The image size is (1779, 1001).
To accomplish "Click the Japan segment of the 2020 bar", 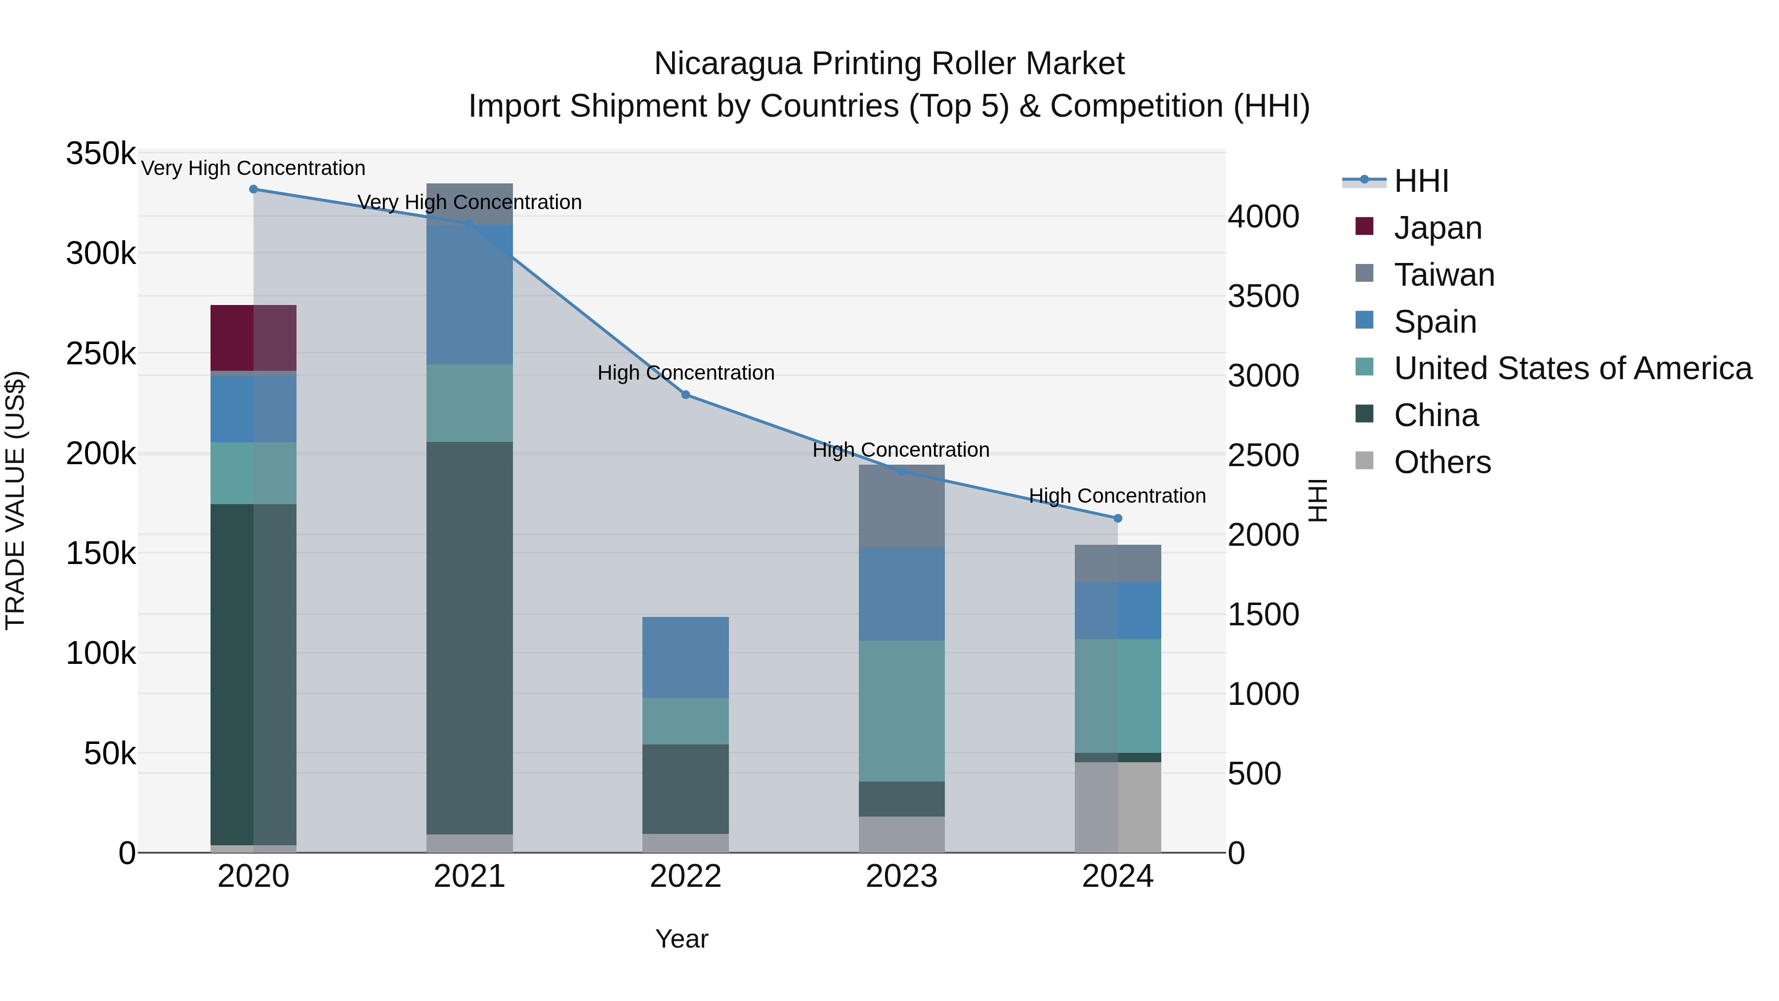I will [253, 338].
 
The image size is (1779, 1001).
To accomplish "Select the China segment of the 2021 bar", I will [469, 637].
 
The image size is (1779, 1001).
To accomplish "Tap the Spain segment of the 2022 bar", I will [685, 657].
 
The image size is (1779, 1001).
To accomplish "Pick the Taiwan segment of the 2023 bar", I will [901, 506].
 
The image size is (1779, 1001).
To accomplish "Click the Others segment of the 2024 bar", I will [1117, 807].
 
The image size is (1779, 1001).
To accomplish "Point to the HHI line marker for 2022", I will [685, 394].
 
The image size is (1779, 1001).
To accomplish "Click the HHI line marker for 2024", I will [1117, 518].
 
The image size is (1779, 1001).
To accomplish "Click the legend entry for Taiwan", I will [1443, 275].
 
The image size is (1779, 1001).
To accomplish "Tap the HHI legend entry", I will [1421, 181].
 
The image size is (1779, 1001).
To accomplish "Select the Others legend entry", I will [1442, 462].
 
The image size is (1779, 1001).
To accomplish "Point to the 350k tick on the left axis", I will [101, 153].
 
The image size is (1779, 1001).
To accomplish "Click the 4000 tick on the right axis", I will [1263, 216].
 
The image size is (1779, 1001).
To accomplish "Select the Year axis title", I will [681, 939].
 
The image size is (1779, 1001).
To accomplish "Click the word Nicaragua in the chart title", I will [727, 64].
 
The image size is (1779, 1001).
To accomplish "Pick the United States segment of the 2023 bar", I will [901, 710].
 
